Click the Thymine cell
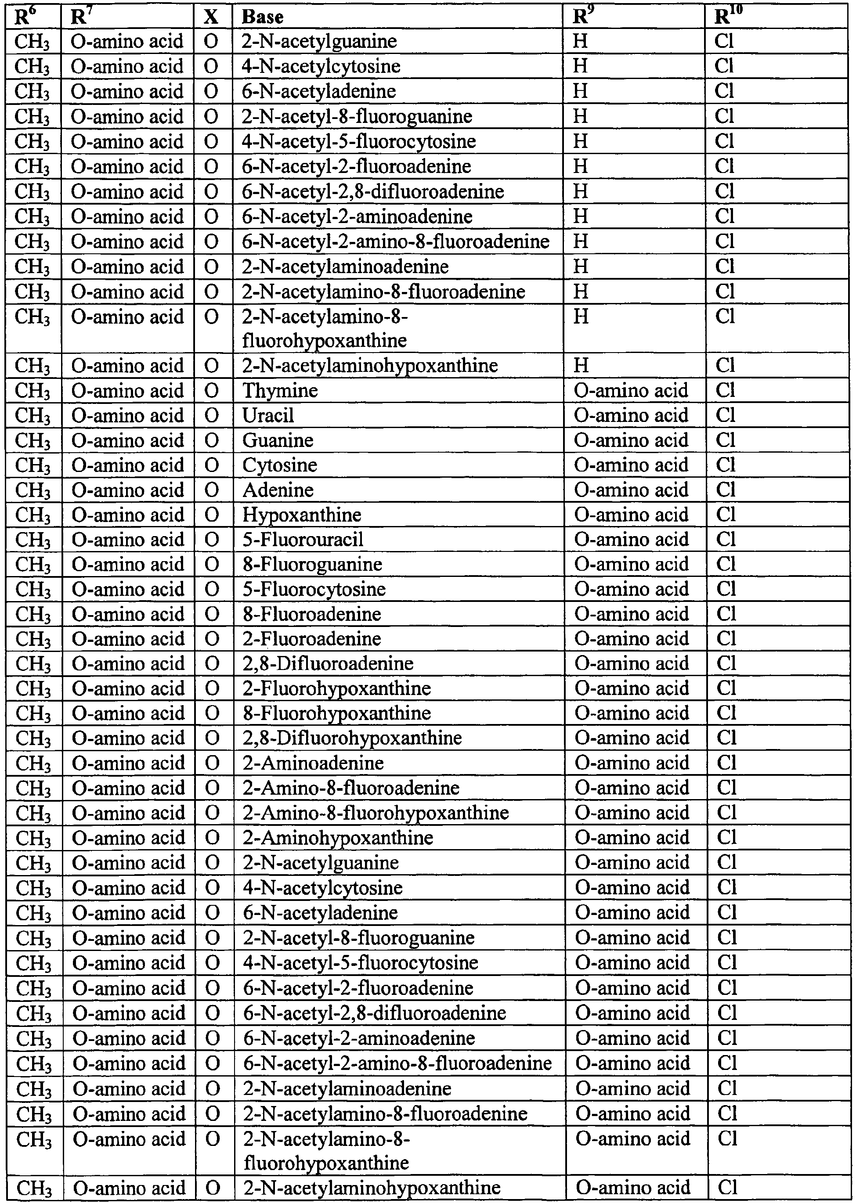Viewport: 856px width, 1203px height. (x=280, y=390)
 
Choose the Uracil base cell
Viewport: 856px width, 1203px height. (x=268, y=415)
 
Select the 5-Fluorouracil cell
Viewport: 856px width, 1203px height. (x=303, y=539)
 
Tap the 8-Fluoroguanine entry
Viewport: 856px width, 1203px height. (x=312, y=564)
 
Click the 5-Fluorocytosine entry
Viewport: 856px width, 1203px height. (x=314, y=589)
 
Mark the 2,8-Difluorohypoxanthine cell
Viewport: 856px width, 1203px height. (x=352, y=738)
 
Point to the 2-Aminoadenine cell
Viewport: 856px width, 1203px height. (x=313, y=763)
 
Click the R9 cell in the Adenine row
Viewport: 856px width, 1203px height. (x=632, y=490)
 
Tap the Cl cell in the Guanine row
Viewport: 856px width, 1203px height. (x=725, y=440)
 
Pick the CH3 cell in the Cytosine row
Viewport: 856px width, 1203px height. (x=33, y=465)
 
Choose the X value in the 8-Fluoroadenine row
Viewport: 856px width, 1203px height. (x=212, y=614)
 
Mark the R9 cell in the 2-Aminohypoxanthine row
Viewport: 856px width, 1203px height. (x=632, y=837)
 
